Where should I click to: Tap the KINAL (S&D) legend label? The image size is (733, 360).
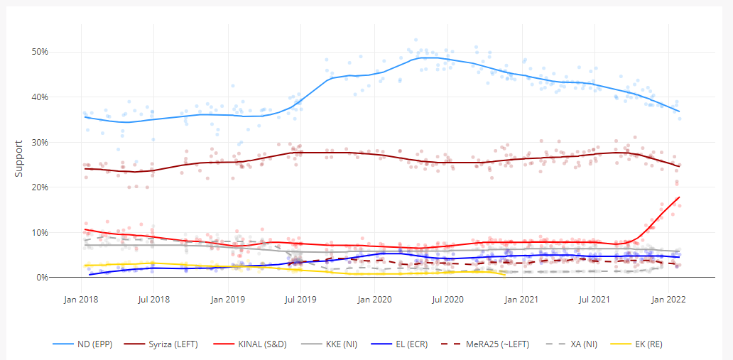tap(259, 344)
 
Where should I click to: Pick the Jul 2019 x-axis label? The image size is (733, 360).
tap(300, 300)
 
